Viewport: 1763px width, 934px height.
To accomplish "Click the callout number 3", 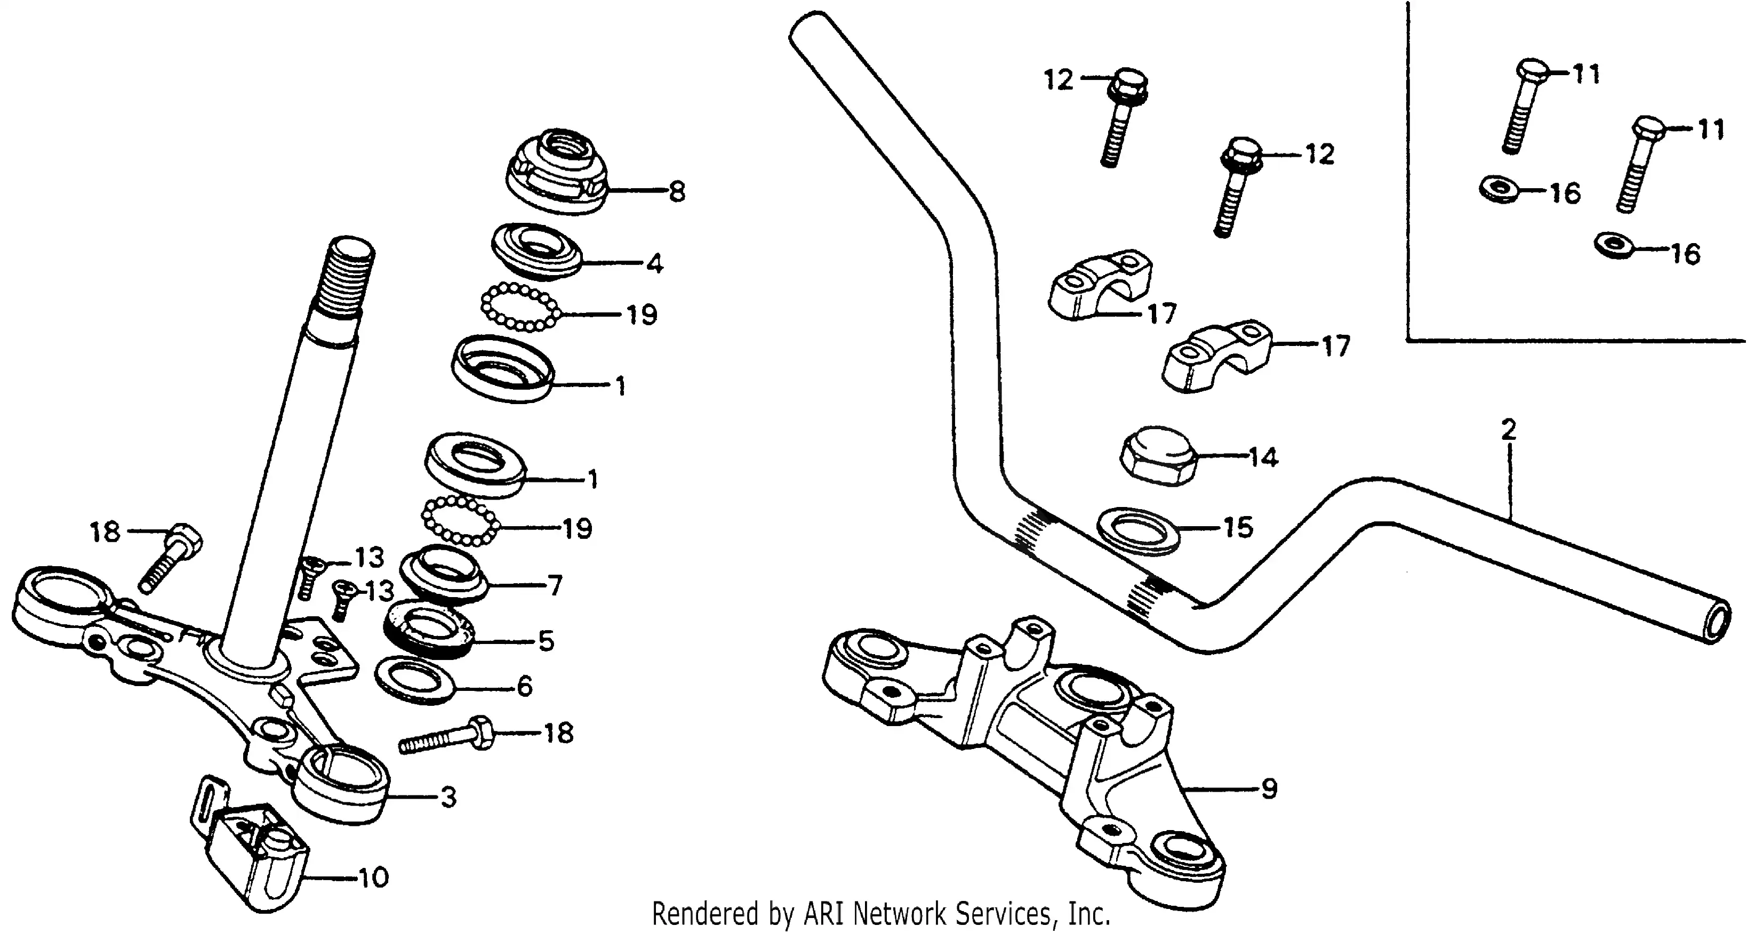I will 448,796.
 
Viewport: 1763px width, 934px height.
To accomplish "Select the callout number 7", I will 555,586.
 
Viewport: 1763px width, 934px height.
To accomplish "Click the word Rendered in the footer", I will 705,914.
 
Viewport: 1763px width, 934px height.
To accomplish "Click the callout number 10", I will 374,877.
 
